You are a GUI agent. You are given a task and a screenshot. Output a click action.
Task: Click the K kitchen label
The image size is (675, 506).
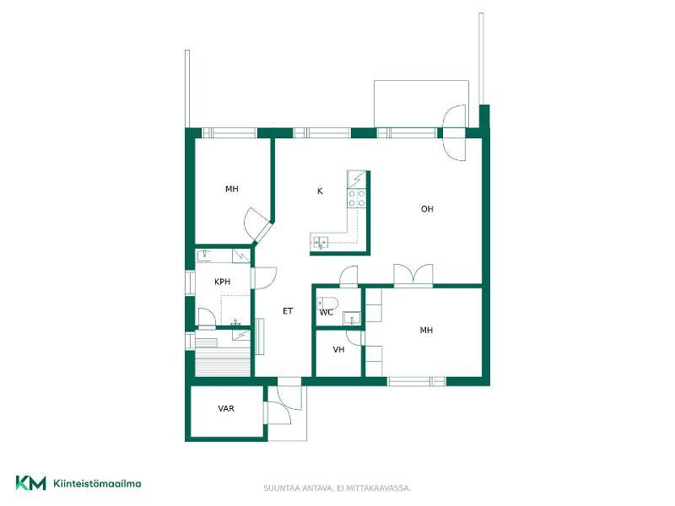320,191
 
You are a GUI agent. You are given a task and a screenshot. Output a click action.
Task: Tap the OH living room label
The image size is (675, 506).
427,209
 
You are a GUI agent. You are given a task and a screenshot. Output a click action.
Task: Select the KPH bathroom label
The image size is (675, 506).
222,282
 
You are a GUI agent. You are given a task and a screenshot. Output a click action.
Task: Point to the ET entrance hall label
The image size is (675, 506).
288,311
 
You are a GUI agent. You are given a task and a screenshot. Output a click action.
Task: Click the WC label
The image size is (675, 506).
327,312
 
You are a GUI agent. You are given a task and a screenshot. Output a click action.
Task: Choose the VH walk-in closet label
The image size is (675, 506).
339,350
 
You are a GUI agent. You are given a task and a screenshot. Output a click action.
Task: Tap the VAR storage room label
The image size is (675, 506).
226,409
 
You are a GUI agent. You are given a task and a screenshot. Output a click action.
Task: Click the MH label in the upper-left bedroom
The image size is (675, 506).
231,189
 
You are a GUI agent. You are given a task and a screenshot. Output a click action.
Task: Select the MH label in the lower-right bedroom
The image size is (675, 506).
426,331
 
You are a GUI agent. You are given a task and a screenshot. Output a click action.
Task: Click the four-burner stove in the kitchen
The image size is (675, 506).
357,198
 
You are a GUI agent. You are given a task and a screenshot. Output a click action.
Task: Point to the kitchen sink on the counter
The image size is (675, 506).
319,243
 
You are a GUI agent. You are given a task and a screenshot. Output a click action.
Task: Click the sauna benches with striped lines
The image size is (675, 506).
223,357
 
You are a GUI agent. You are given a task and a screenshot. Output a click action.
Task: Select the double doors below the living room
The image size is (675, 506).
413,275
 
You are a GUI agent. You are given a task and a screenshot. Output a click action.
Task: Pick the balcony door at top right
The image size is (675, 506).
455,132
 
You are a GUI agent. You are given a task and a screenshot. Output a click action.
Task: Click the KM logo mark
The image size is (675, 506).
30,482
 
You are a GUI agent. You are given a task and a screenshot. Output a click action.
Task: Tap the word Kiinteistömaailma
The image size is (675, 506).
97,483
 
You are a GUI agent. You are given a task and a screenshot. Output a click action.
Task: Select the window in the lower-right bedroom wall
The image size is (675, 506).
417,381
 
